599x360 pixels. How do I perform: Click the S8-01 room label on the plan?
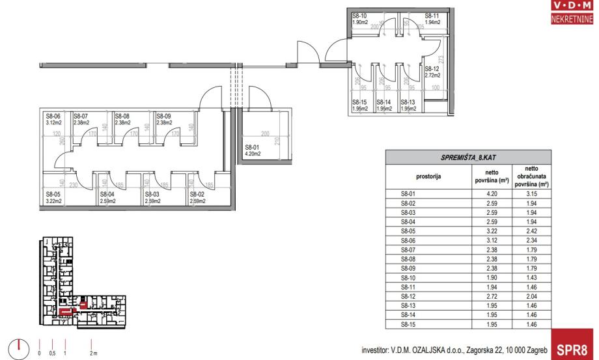[252, 148]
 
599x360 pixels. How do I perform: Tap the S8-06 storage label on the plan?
[52, 116]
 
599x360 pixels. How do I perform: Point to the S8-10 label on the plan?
[359, 16]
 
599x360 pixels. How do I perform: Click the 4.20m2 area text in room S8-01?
[253, 154]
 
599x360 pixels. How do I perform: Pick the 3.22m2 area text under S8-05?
[53, 201]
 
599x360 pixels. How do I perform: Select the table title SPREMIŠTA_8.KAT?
[468, 158]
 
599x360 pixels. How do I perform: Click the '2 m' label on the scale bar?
[94, 352]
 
